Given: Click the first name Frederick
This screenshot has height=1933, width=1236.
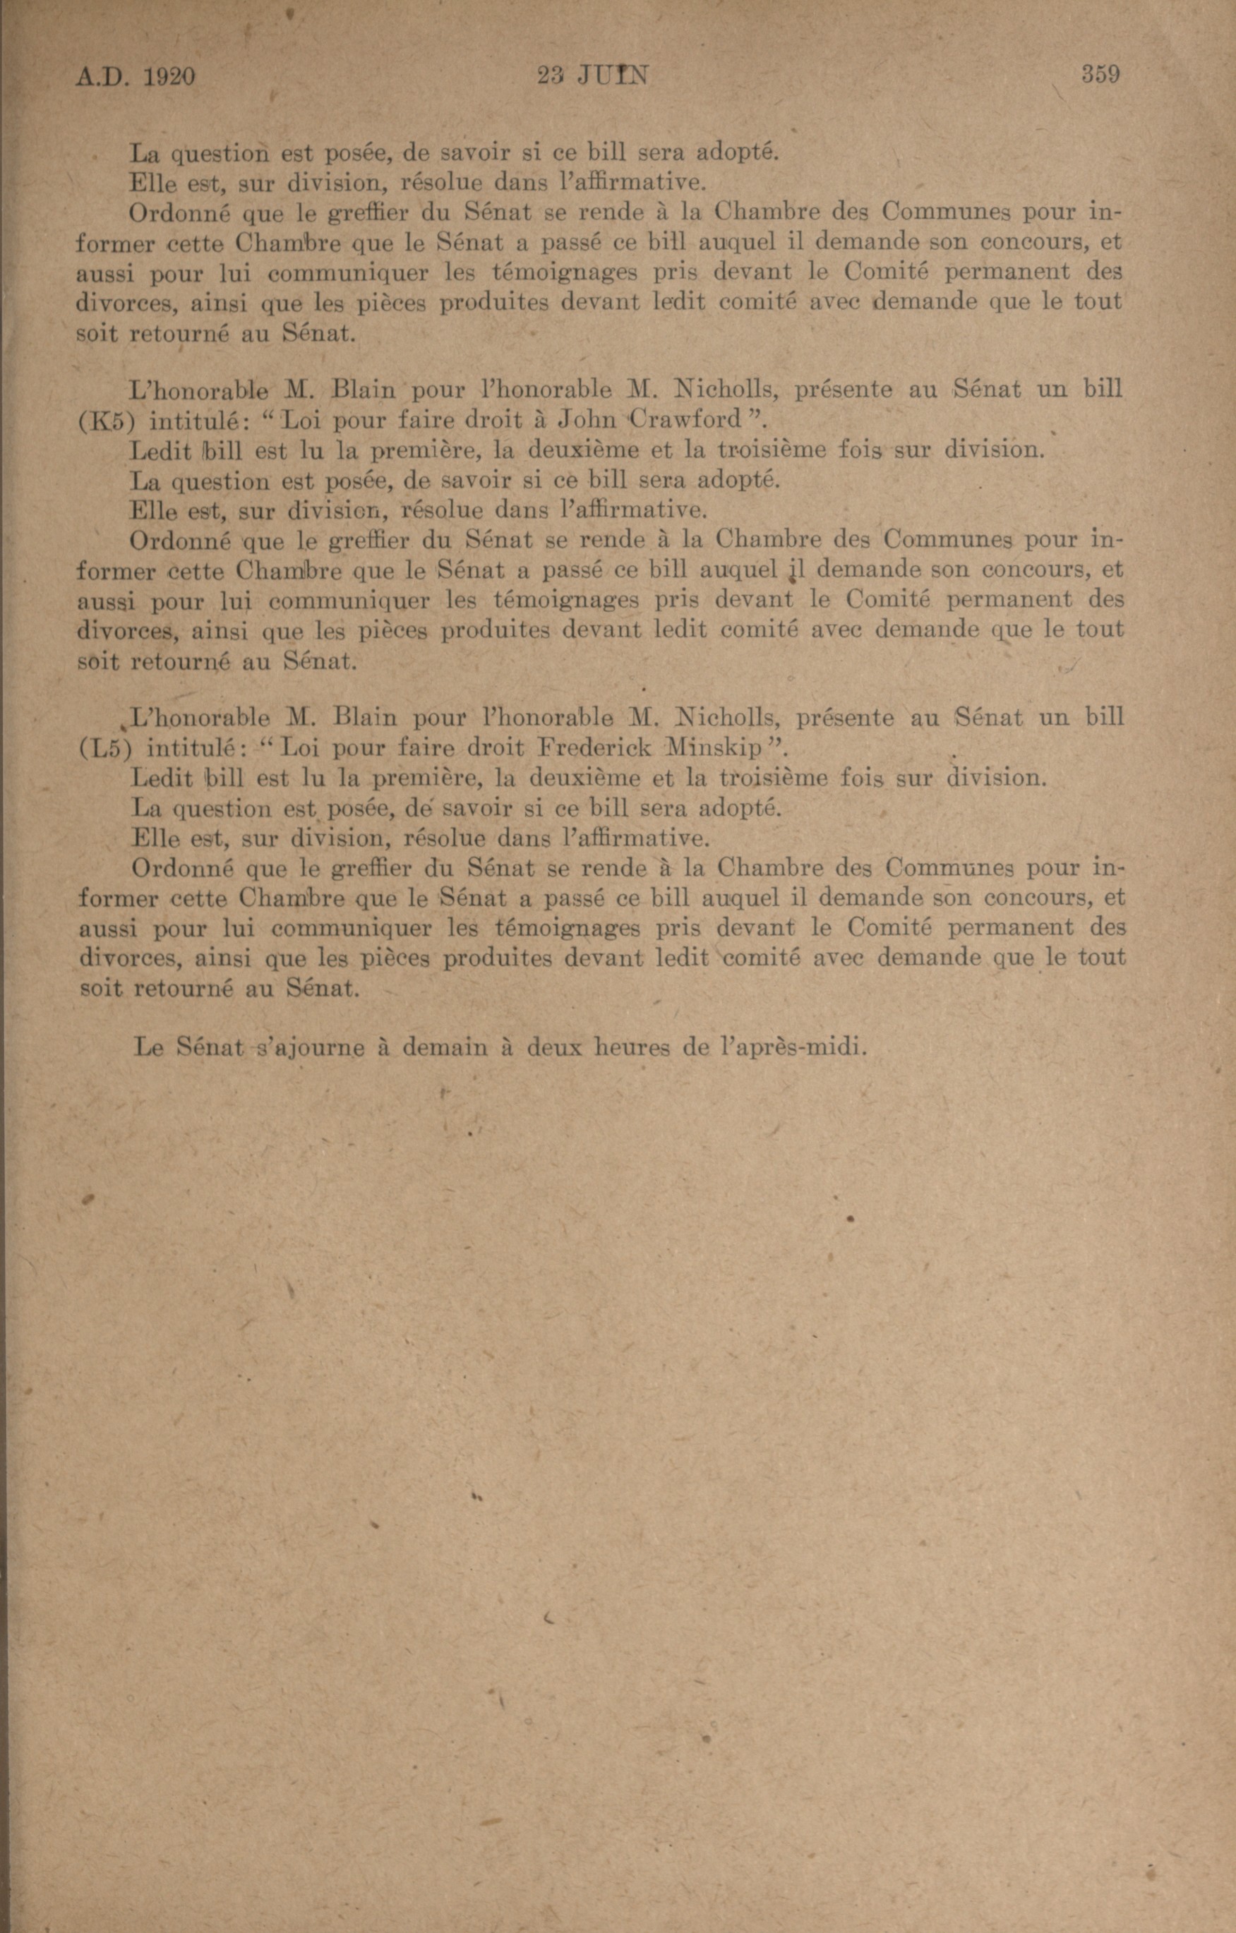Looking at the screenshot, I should (x=594, y=748).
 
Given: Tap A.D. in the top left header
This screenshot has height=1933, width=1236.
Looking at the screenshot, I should (x=103, y=77).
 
